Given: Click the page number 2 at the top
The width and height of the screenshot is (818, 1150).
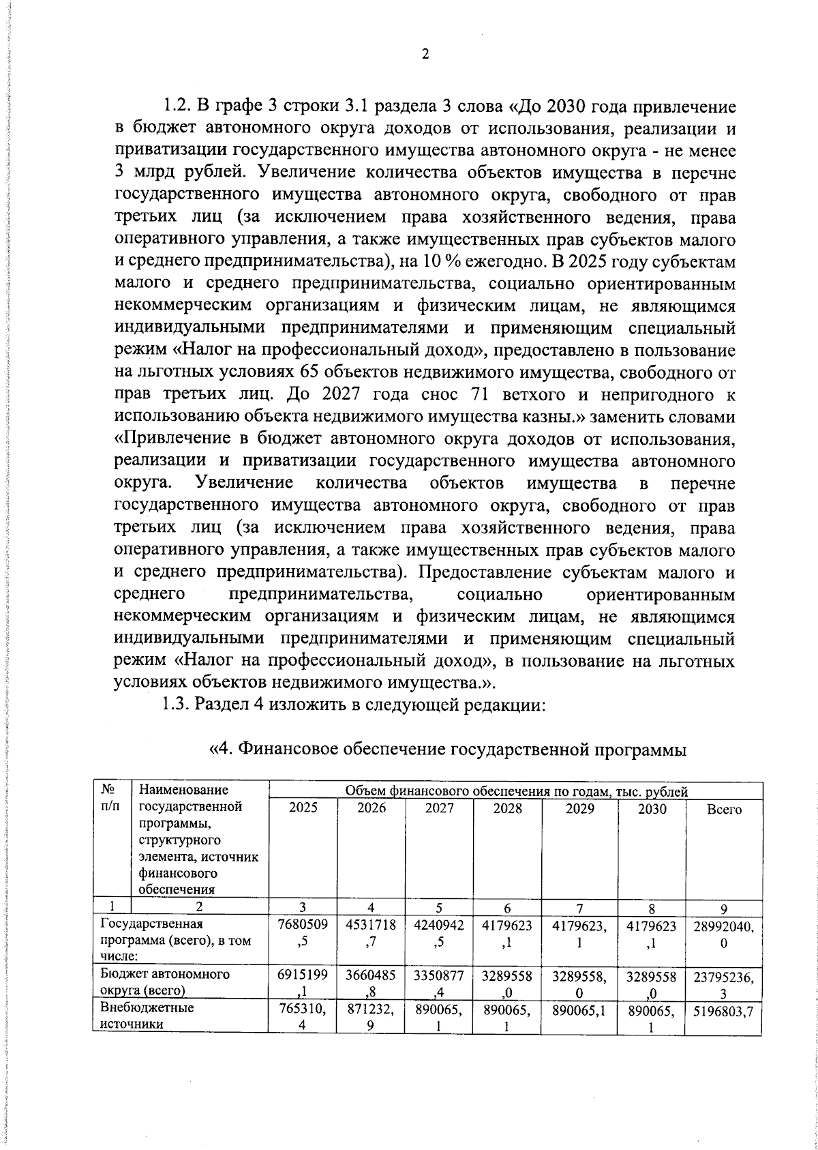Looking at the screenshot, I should (x=424, y=55).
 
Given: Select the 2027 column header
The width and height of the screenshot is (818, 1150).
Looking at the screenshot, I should (x=439, y=808).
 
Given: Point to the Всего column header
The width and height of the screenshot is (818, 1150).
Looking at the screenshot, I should (x=724, y=809).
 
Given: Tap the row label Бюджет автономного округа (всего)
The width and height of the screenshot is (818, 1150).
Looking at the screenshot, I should (x=165, y=982).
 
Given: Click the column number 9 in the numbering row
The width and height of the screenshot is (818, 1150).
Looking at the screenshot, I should (x=724, y=908).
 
